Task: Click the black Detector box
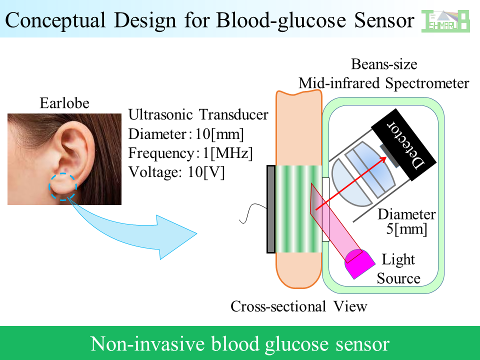(x=404, y=144)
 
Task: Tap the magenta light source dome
(x=360, y=263)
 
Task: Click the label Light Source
(x=398, y=269)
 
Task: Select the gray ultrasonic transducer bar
(x=271, y=209)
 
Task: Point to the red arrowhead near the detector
(x=383, y=159)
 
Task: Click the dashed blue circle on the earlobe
(x=63, y=186)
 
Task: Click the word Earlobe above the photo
(x=64, y=103)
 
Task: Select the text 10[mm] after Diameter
(x=219, y=134)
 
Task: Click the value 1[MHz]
(x=228, y=153)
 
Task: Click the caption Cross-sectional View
(x=299, y=306)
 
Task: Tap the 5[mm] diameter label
(x=406, y=229)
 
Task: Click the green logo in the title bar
(x=445, y=21)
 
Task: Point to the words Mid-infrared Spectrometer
(x=384, y=83)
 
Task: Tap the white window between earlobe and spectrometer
(x=325, y=209)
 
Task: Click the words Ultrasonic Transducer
(x=198, y=115)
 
